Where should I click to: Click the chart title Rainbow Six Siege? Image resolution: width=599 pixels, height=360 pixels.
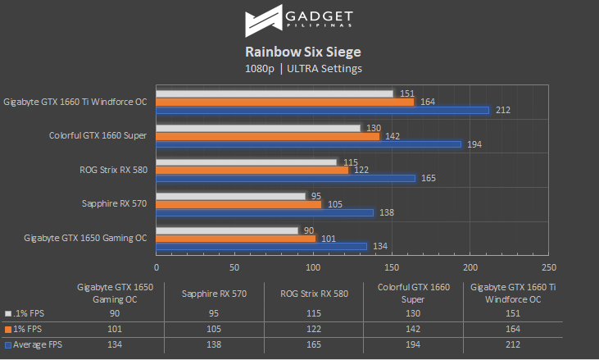point(299,52)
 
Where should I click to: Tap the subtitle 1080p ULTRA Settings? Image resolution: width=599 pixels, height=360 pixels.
point(299,69)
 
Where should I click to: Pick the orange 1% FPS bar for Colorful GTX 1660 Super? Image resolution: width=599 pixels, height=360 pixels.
point(268,135)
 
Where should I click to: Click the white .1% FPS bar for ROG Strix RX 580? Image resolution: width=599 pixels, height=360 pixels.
point(247,162)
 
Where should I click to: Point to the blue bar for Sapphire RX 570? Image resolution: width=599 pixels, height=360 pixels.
point(265,212)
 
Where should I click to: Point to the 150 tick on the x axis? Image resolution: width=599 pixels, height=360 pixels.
point(392,267)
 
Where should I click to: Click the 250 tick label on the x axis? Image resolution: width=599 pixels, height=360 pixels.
point(549,267)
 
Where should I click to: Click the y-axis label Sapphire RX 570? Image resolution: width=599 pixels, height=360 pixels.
point(114,203)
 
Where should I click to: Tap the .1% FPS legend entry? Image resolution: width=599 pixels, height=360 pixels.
point(29,313)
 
